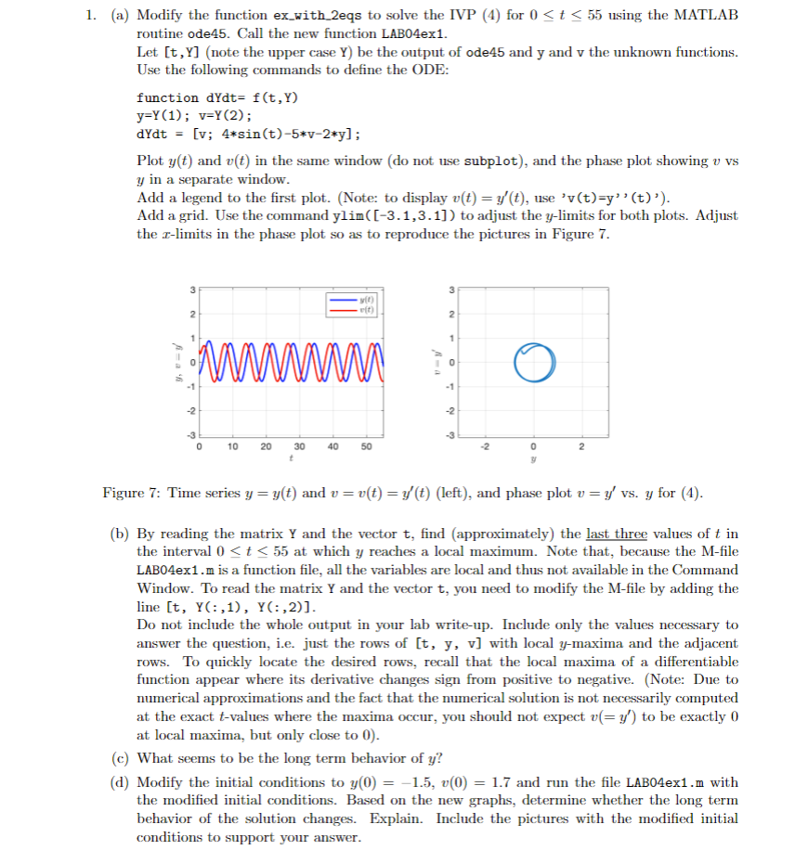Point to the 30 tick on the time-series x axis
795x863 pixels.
[x=299, y=445]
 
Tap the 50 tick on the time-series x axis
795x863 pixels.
[x=365, y=445]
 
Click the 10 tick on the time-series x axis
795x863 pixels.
[x=232, y=445]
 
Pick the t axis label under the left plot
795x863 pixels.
[x=290, y=457]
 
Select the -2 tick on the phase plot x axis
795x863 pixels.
[x=484, y=445]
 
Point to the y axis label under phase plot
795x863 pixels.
[x=534, y=457]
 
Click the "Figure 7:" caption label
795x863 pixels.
[x=129, y=493]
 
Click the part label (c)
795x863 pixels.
[x=121, y=757]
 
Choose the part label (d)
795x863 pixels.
[x=121, y=782]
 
